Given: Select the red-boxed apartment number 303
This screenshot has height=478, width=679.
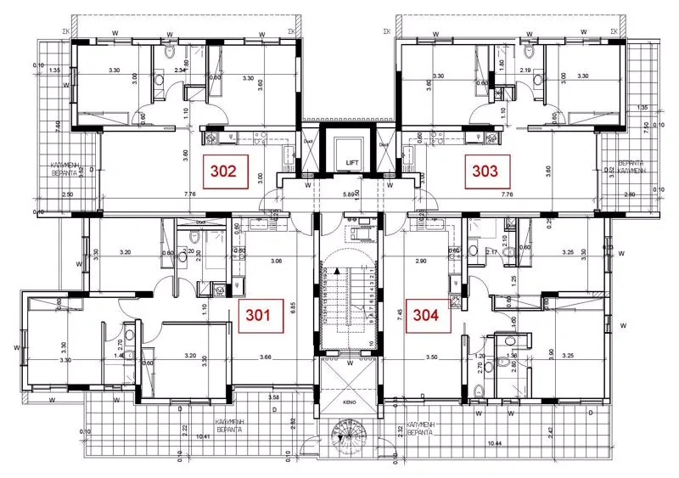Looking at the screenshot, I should pyautogui.click(x=485, y=172).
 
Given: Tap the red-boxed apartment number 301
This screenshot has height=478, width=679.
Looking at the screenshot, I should pyautogui.click(x=257, y=316).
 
